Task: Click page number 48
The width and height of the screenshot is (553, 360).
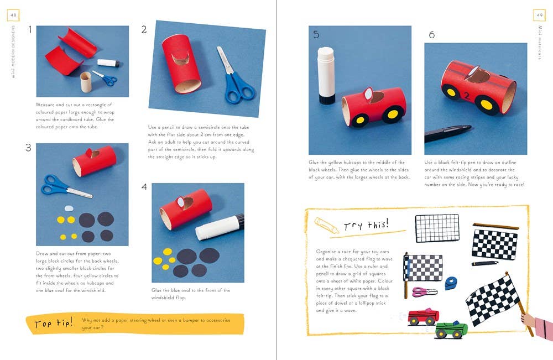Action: pos(13,15)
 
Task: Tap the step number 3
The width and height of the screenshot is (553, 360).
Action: pos(28,148)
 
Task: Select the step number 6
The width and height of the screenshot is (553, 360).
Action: pos(431,35)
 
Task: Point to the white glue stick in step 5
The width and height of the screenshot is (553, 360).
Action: pos(326,75)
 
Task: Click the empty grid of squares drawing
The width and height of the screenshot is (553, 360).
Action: pos(437,228)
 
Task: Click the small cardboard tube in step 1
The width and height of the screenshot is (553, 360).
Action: pos(85,82)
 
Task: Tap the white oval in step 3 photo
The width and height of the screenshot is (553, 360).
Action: pos(69,208)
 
